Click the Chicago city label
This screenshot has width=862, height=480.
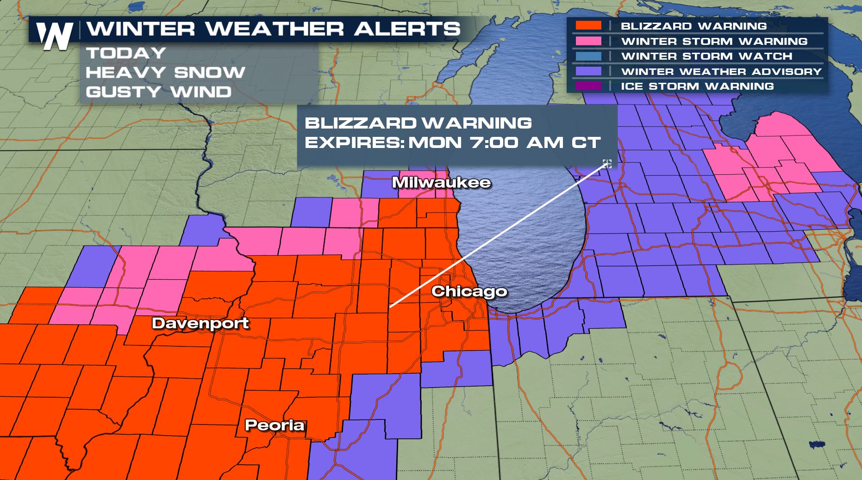tap(469, 291)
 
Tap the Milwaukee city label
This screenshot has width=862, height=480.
tap(441, 182)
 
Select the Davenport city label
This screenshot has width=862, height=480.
tap(200, 323)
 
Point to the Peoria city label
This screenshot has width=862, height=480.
tap(275, 425)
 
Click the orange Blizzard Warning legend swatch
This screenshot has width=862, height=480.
tap(588, 26)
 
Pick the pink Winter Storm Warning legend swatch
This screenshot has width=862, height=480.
tap(588, 41)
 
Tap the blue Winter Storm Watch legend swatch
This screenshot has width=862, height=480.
tap(588, 56)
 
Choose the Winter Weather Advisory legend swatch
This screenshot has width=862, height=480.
tap(588, 71)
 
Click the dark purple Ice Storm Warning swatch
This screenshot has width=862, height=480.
tap(588, 86)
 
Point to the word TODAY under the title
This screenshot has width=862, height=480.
tap(126, 53)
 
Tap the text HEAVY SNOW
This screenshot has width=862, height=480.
tap(165, 72)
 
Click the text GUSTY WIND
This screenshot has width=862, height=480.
tap(158, 92)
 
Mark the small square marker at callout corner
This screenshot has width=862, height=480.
tap(607, 163)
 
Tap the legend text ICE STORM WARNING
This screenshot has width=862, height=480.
tap(697, 86)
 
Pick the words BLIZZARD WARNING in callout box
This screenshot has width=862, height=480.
tap(418, 123)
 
